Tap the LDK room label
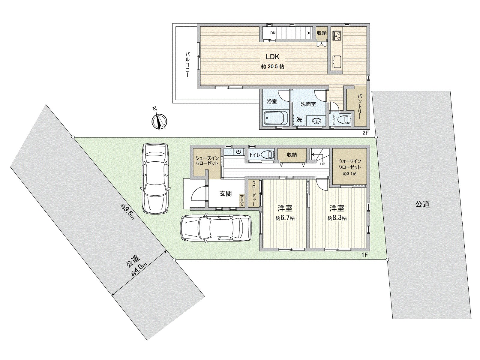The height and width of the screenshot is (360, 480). tap(272, 57)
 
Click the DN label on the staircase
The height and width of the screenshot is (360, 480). tap(273, 33)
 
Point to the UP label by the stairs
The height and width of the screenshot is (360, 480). tap(322, 164)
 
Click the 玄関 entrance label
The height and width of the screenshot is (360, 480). tap(226, 194)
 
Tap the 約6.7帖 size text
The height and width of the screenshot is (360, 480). tap(285, 218)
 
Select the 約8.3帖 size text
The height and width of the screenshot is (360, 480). tap(337, 218)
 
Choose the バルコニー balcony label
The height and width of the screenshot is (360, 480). tap(187, 65)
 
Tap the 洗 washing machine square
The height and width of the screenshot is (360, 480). tap(299, 120)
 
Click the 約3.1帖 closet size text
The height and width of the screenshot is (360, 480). tap(349, 174)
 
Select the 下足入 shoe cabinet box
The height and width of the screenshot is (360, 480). tap(242, 200)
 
